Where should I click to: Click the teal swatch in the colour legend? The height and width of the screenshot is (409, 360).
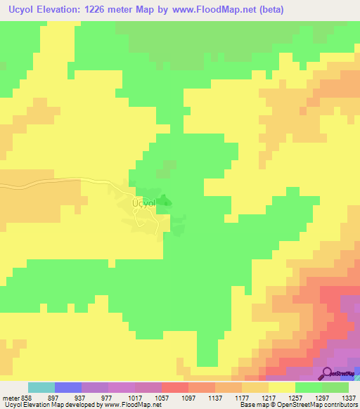click(x=41, y=388)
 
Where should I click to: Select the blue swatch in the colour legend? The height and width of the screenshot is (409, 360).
click(x=68, y=388)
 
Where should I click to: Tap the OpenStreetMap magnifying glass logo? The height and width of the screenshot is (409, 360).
click(x=328, y=374)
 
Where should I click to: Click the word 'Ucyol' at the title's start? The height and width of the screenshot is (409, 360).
click(x=20, y=9)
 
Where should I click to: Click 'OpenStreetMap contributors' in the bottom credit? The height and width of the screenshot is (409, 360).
click(x=322, y=405)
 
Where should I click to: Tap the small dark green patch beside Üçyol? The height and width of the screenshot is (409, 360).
click(x=164, y=202)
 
